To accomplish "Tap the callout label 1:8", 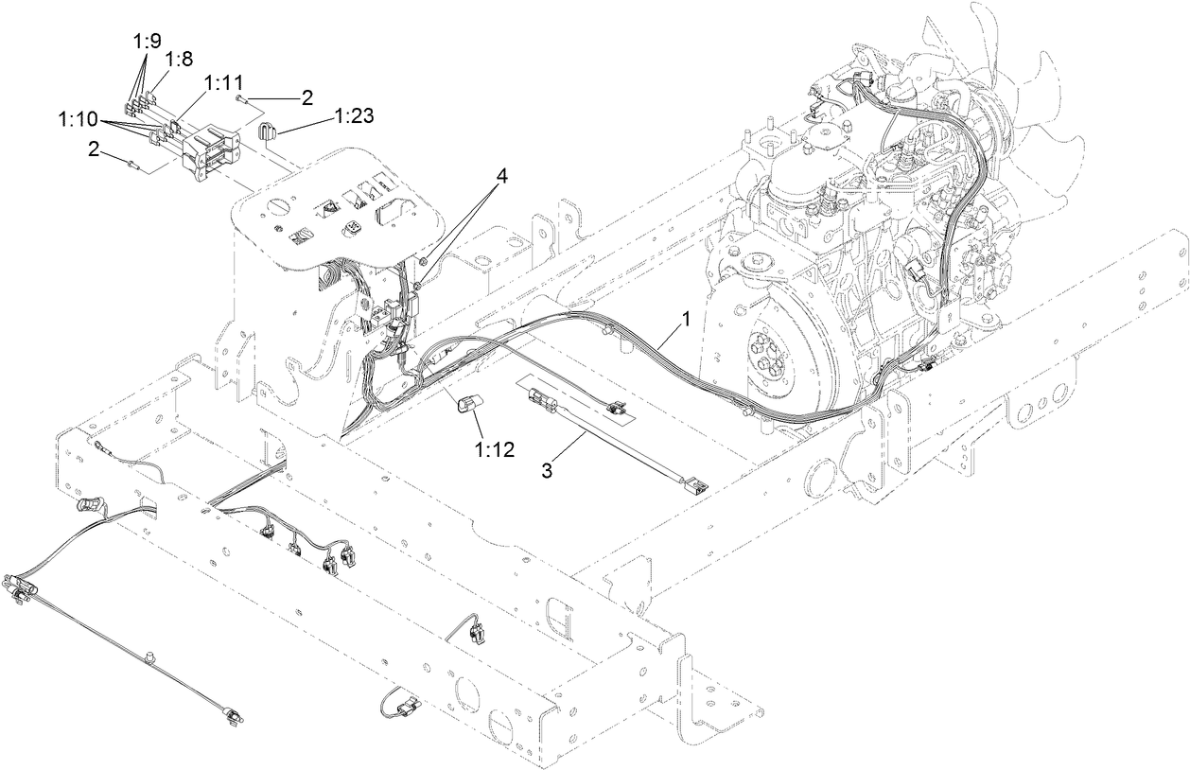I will pos(180,60).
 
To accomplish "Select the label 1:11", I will pos(222,83).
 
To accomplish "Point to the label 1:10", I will pos(77,119).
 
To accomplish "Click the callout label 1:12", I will pos(495,449).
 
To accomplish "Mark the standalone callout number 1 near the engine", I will pos(686,320).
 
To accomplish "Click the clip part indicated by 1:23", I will pos(266,131).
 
